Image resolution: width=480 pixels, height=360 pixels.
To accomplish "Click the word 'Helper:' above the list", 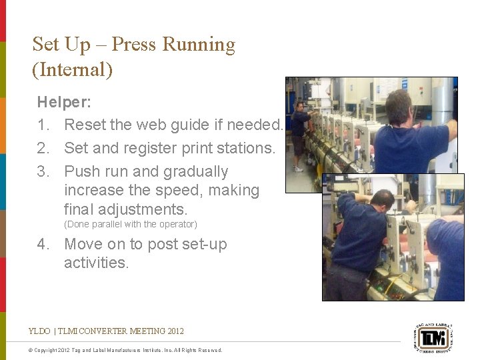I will pos(64,102).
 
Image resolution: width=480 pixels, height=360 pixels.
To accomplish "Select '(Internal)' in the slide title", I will pos(72,69).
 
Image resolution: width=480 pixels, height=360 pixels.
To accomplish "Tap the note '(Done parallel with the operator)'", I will pos(131,224).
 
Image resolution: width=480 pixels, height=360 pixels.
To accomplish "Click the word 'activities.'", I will pos(96,263).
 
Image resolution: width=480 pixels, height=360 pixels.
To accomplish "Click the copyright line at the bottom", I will pos(127,350).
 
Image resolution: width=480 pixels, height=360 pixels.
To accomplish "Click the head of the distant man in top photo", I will pos(300,106).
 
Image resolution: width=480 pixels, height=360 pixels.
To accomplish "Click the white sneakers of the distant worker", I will pos(298,169).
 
